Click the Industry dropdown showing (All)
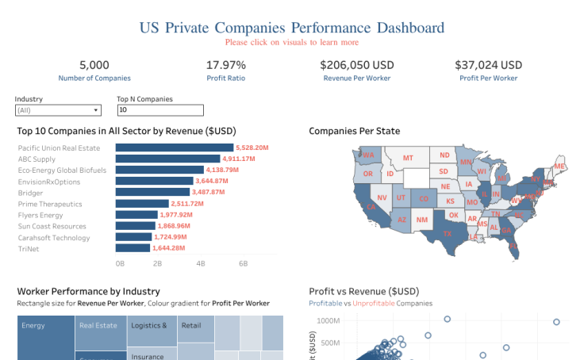pyautogui.click(x=58, y=110)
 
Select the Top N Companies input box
pyautogui.click(x=159, y=110)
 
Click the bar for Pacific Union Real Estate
pyautogui.click(x=174, y=147)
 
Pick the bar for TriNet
pyautogui.click(x=132, y=248)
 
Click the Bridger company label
pyautogui.click(x=32, y=193)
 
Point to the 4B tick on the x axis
pyautogui.click(x=201, y=263)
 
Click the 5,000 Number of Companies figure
pyautogui.click(x=94, y=65)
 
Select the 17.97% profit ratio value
pyautogui.click(x=225, y=65)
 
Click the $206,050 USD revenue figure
pyautogui.click(x=357, y=65)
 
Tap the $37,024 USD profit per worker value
pyautogui.click(x=488, y=65)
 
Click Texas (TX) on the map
pyautogui.click(x=447, y=233)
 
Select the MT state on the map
pyautogui.click(x=408, y=159)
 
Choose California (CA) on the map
pyautogui.click(x=371, y=206)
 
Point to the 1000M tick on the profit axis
pyautogui.click(x=328, y=321)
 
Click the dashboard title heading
pyautogui.click(x=291, y=28)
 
